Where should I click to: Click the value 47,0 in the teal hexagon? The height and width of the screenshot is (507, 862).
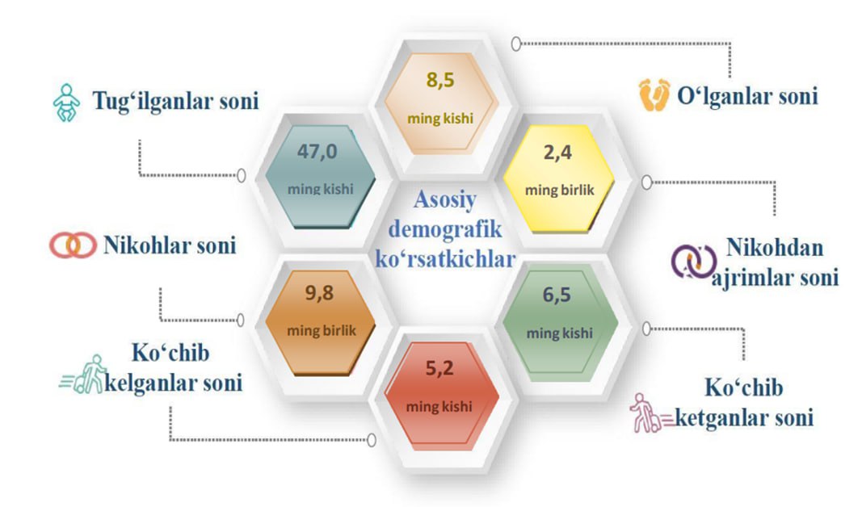pyautogui.click(x=317, y=151)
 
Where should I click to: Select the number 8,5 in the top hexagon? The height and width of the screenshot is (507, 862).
pyautogui.click(x=440, y=80)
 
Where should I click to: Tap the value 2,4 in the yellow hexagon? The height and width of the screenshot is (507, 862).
pyautogui.click(x=558, y=152)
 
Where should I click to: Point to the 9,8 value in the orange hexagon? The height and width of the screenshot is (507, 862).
pyautogui.click(x=319, y=293)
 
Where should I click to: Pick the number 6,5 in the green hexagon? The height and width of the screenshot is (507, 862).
pyautogui.click(x=557, y=295)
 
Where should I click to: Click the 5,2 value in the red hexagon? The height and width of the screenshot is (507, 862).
pyautogui.click(x=439, y=368)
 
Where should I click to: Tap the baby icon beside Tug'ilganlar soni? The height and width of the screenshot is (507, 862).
pyautogui.click(x=66, y=103)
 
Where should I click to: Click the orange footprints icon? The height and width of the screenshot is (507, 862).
pyautogui.click(x=654, y=94)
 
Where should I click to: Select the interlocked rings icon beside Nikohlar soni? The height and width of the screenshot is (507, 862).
pyautogui.click(x=73, y=245)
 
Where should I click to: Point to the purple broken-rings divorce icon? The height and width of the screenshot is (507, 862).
pyautogui.click(x=693, y=262)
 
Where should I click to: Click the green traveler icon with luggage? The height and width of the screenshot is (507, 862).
pyautogui.click(x=82, y=375)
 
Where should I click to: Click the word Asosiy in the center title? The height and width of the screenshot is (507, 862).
pyautogui.click(x=445, y=199)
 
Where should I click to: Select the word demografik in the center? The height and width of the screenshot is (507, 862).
pyautogui.click(x=445, y=229)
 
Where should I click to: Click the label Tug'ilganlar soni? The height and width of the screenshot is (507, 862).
pyautogui.click(x=175, y=101)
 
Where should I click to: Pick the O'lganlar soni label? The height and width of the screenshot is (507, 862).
pyautogui.click(x=747, y=96)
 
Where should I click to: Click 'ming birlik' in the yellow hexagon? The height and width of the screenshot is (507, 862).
pyautogui.click(x=560, y=191)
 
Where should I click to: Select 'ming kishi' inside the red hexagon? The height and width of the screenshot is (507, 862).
pyautogui.click(x=439, y=407)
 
